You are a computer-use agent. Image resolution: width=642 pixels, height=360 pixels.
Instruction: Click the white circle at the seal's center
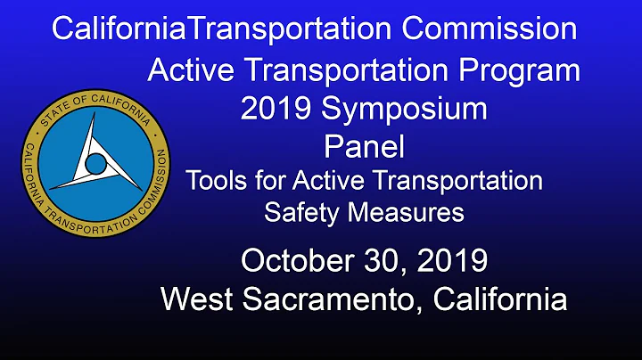pyautogui.click(x=95, y=162)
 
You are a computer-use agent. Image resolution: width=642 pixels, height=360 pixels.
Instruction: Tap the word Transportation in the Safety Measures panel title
pyautogui.click(x=467, y=180)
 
